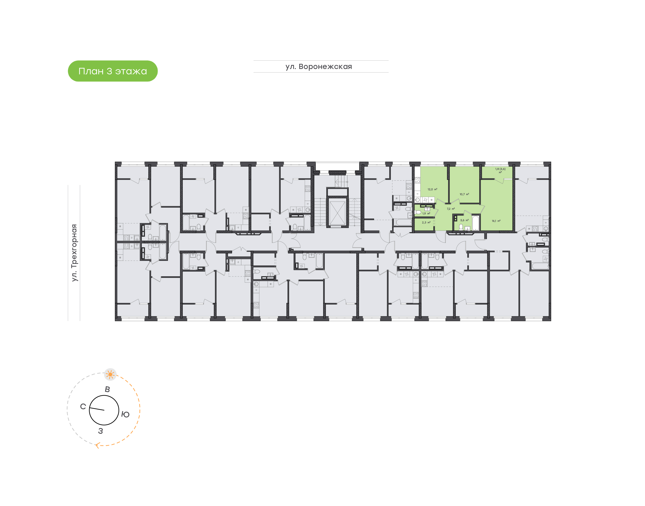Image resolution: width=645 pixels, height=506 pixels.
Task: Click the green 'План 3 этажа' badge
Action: tap(113, 71)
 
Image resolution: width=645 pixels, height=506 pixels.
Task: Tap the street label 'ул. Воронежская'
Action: tap(318, 67)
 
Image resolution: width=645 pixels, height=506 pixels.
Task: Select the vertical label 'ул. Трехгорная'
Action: tap(74, 253)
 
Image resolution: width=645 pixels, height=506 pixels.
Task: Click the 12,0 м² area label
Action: tap(432, 189)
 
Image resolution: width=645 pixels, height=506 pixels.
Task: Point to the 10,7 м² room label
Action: tap(464, 194)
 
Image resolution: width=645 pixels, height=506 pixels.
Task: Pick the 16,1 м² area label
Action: tap(496, 221)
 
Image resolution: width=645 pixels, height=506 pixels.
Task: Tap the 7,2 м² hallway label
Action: tap(451, 209)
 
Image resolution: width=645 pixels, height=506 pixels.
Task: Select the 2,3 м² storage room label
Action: tap(426, 223)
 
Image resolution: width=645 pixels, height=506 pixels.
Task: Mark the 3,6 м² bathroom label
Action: tap(464, 220)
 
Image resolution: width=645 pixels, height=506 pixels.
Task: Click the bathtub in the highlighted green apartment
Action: tap(475, 223)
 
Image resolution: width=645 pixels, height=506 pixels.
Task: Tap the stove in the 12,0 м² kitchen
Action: tap(417, 180)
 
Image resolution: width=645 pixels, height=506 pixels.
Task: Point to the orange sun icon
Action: tap(110, 375)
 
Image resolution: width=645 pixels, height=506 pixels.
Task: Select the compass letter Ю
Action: tap(125, 414)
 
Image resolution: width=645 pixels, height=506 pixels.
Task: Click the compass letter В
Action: tap(107, 390)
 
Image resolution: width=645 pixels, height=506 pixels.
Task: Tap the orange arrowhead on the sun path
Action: tap(97, 445)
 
